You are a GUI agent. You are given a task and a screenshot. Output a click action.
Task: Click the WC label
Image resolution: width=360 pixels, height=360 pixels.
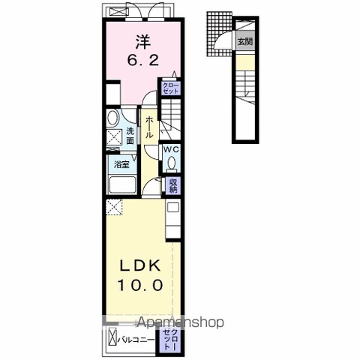[x=172, y=148]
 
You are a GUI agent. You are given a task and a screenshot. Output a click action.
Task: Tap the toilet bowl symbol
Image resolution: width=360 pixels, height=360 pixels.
[x=172, y=163]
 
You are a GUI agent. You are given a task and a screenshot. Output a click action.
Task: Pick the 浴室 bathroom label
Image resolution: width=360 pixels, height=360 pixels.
[x=121, y=164]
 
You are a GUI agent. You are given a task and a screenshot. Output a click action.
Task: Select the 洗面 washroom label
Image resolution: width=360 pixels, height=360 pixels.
[x=130, y=136]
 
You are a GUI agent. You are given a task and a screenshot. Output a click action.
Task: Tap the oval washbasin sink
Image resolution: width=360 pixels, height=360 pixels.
[x=112, y=118]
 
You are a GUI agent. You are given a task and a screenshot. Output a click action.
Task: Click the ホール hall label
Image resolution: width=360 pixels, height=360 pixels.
[x=150, y=126]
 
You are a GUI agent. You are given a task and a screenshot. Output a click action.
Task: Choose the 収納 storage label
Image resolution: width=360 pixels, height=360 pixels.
[x=173, y=184]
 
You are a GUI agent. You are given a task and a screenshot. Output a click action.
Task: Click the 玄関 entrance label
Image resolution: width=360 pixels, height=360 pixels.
[x=244, y=43]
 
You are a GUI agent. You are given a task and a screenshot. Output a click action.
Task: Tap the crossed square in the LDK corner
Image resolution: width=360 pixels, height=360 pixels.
[x=113, y=206]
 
